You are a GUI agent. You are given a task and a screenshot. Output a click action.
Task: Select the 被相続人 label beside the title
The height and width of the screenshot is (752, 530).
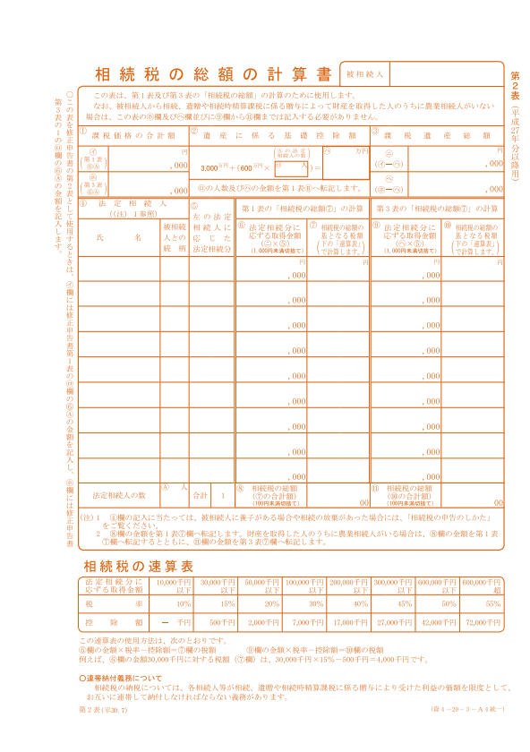(364, 73)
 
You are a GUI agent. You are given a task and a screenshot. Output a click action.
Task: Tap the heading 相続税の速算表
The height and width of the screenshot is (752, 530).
(138, 566)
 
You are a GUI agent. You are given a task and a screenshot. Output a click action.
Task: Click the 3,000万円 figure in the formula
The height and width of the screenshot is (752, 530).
(210, 167)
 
